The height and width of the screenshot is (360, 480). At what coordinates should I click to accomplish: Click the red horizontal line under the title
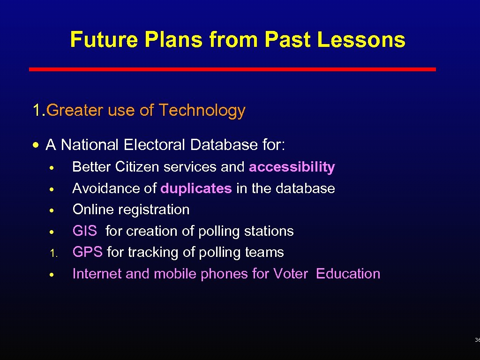pyautogui.click(x=232, y=69)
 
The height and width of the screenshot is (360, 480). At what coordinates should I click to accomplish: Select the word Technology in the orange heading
pyautogui.click(x=202, y=111)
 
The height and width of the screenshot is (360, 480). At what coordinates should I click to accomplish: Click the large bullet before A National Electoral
pyautogui.click(x=37, y=145)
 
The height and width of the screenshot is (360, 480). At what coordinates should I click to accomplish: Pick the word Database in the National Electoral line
pyautogui.click(x=222, y=145)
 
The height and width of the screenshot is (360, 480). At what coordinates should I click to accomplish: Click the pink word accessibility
pyautogui.click(x=292, y=167)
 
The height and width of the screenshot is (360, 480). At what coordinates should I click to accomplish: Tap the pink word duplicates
pyautogui.click(x=196, y=188)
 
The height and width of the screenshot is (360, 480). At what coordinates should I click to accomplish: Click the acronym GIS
pyautogui.click(x=85, y=231)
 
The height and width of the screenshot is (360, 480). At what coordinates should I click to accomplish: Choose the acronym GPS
pyautogui.click(x=87, y=252)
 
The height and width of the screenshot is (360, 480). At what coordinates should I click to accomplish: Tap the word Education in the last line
pyautogui.click(x=348, y=274)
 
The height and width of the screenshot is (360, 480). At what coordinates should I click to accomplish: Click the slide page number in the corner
pyautogui.click(x=477, y=340)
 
